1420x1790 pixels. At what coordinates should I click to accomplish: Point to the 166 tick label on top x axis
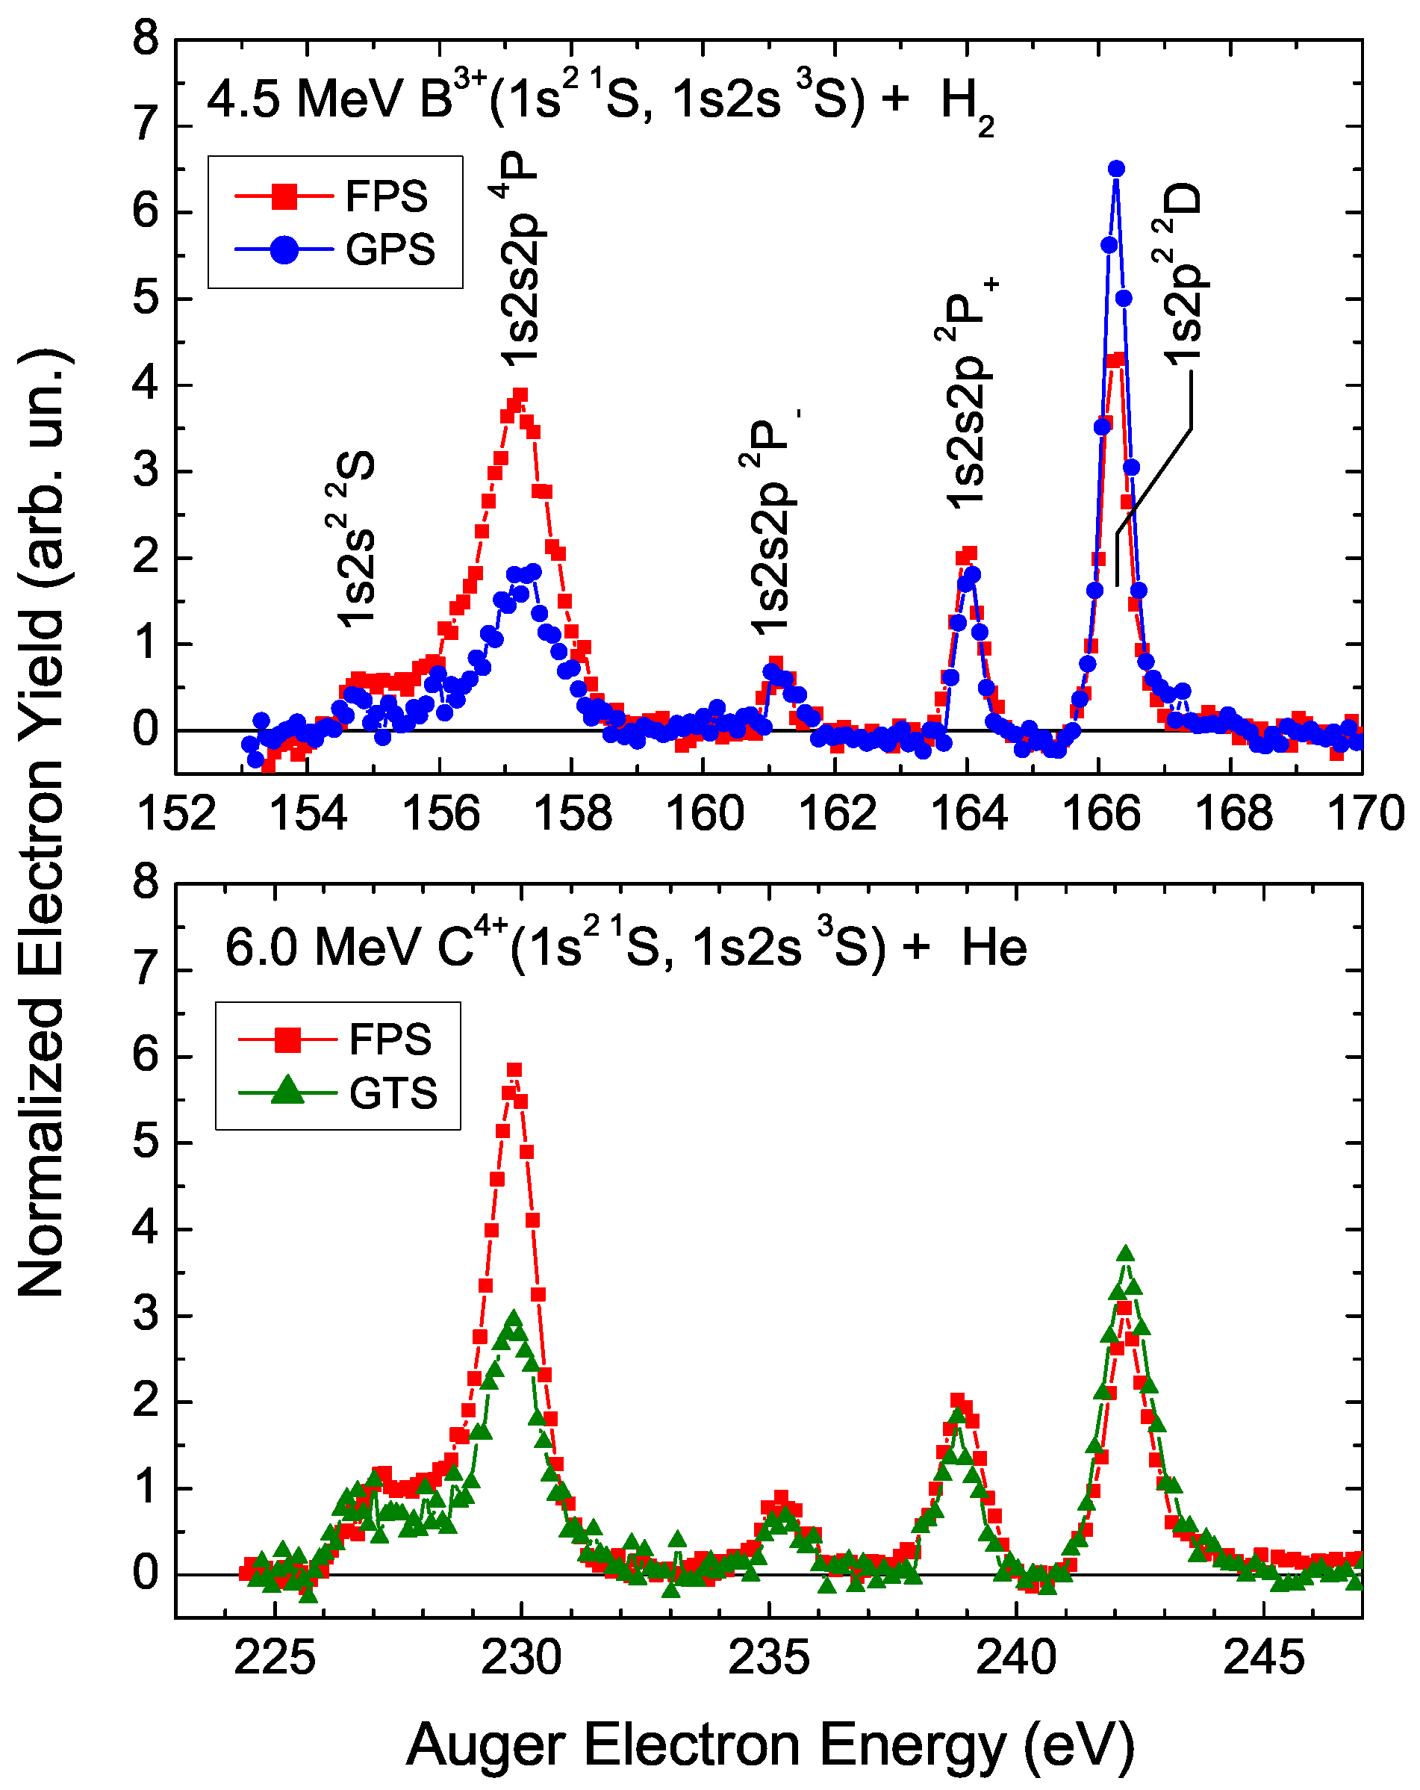(x=1100, y=814)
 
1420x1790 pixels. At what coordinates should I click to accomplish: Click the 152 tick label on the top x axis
(x=176, y=814)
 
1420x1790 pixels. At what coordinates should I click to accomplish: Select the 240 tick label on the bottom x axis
(x=1015, y=1658)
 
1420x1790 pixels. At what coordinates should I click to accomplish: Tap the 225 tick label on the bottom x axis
(x=274, y=1658)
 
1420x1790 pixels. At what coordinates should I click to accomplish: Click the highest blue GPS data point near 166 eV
(x=1116, y=169)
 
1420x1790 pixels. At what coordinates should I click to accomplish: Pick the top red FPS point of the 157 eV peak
(x=520, y=394)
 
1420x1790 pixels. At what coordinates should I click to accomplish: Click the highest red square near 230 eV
(x=514, y=1069)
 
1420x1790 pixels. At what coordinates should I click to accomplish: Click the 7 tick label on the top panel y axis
(x=146, y=125)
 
